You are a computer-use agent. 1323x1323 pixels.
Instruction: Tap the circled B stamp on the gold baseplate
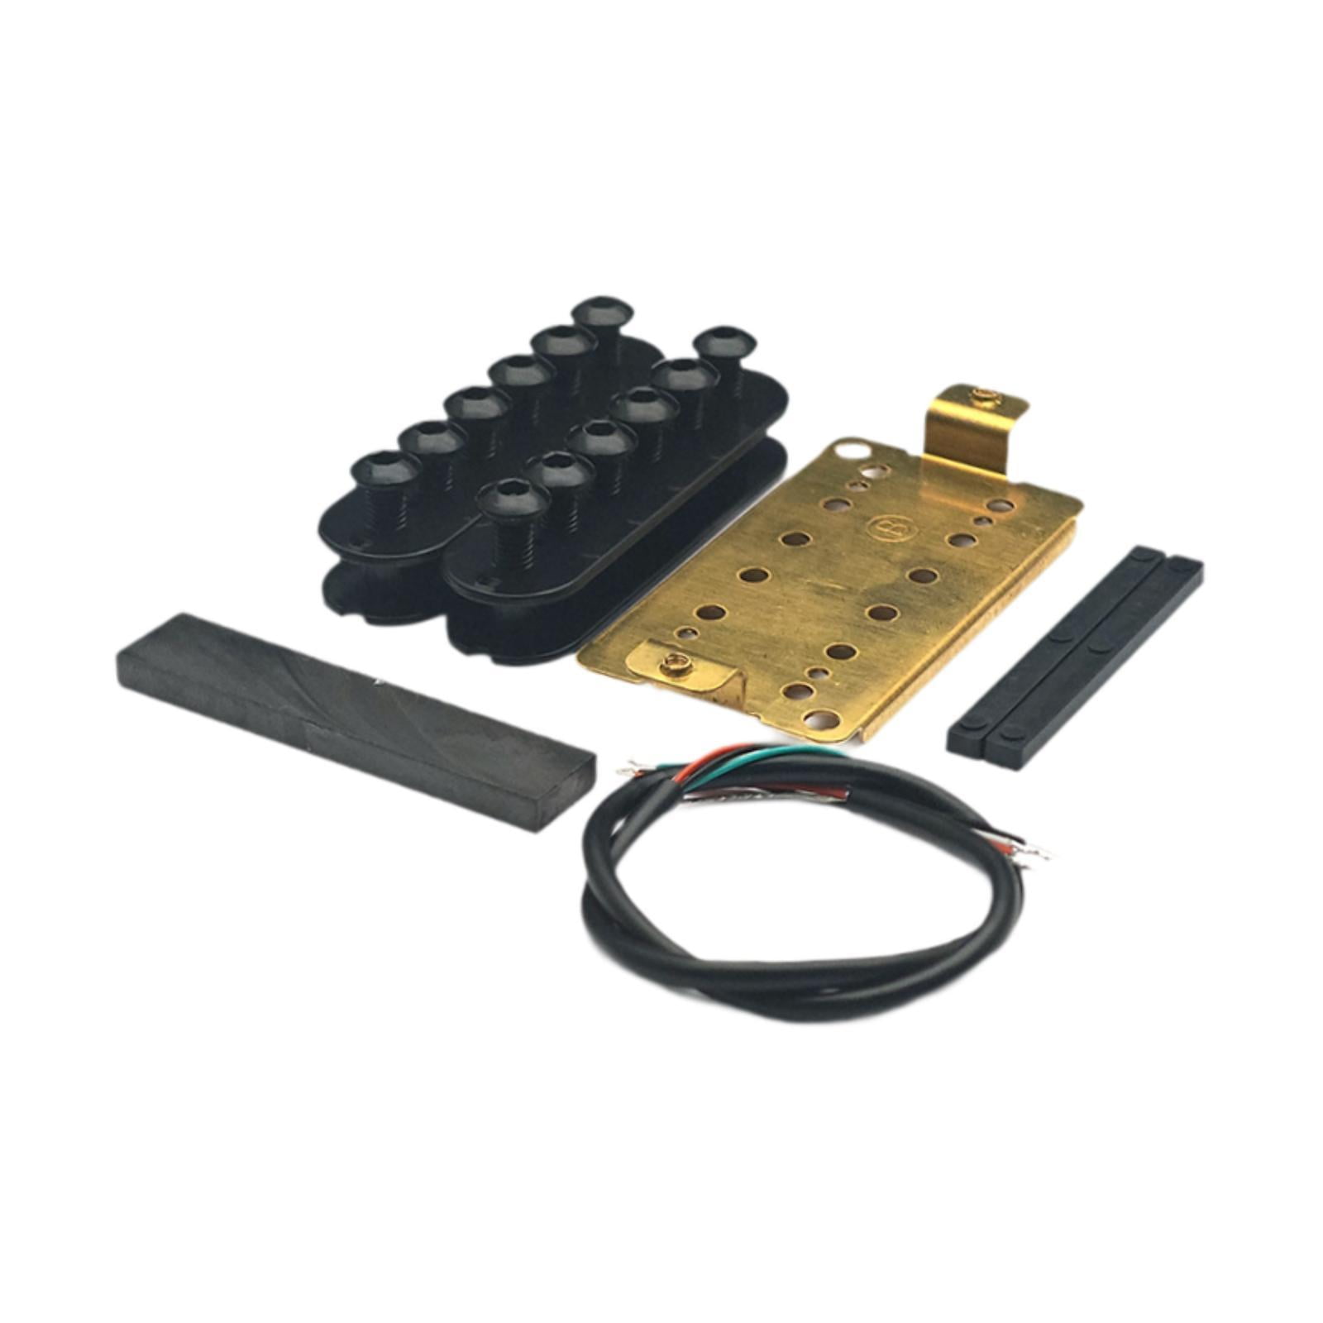pyautogui.click(x=879, y=526)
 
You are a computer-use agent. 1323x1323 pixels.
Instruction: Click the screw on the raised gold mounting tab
pyautogui.click(x=983, y=397)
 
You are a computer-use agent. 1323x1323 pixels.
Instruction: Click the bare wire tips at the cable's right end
pyautogui.click(x=1034, y=856)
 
